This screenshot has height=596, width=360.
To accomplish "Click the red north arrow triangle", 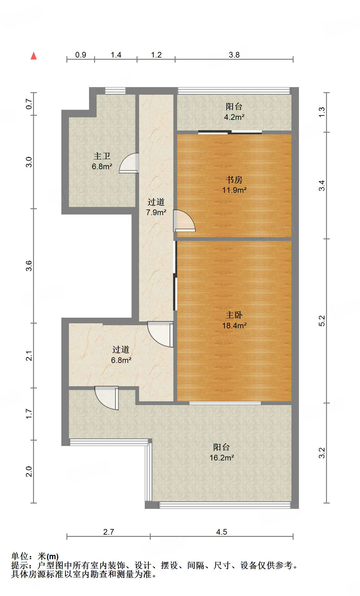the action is (x=34, y=56).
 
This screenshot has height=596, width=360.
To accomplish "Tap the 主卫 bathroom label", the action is (x=102, y=156).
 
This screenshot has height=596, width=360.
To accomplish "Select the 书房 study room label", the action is (x=234, y=180).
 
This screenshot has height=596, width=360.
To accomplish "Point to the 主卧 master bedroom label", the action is (x=234, y=315).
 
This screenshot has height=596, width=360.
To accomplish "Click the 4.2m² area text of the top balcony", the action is (x=234, y=117).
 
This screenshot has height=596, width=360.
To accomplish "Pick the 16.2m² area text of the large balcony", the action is (x=222, y=458).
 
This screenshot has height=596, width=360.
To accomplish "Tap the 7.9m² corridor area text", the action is (x=156, y=212).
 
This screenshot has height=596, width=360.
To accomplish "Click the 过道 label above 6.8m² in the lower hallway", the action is (x=121, y=349).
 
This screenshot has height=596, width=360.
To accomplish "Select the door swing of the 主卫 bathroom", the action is (x=129, y=163).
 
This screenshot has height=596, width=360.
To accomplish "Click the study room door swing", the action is (x=184, y=220).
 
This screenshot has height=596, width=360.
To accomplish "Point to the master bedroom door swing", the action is (x=160, y=334).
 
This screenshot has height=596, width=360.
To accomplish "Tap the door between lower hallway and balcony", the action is (x=107, y=398).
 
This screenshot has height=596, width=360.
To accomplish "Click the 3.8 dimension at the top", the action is (x=234, y=55).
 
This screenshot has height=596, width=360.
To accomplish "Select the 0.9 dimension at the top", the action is (x=81, y=55).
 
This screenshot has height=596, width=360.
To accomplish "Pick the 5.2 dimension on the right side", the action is (x=322, y=321).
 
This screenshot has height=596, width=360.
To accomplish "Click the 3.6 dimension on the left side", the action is (x=29, y=266).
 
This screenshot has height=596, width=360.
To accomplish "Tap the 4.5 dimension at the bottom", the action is (x=222, y=532).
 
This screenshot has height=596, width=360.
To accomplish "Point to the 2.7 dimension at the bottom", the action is (x=109, y=532).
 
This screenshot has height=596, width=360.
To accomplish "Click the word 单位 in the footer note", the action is (x=20, y=556).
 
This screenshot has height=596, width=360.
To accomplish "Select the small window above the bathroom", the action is (x=115, y=91).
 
